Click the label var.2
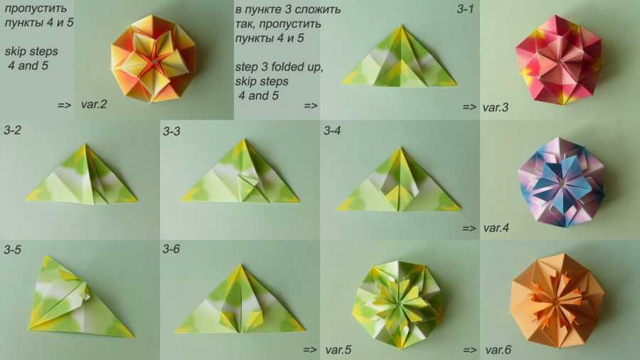click(94, 105)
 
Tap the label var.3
click(496, 107)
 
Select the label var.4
click(496, 228)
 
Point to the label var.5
click(338, 350)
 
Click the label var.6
click(498, 350)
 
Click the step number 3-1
click(465, 9)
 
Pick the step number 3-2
click(12, 130)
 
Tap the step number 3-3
click(171, 131)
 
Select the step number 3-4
click(332, 131)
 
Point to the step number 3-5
click(12, 250)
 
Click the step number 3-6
click(171, 249)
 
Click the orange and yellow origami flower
click(153, 58)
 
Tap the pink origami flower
click(558, 60)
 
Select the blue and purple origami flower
click(561, 182)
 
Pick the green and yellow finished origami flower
click(398, 305)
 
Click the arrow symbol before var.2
click(64, 105)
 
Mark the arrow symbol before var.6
click(470, 350)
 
